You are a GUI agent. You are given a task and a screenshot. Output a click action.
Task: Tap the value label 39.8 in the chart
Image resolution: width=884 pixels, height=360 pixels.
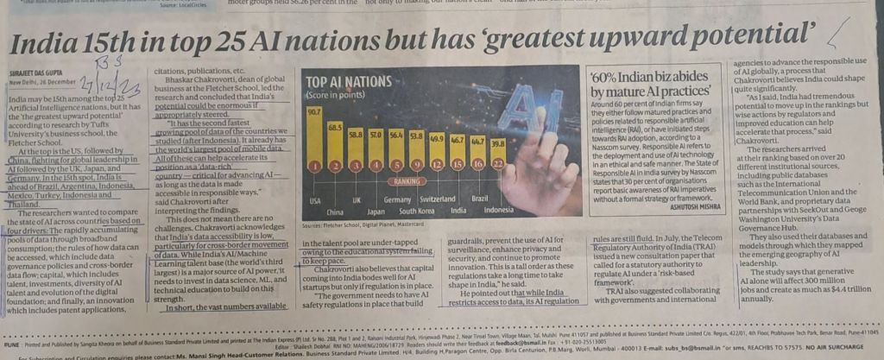[x=496, y=143]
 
